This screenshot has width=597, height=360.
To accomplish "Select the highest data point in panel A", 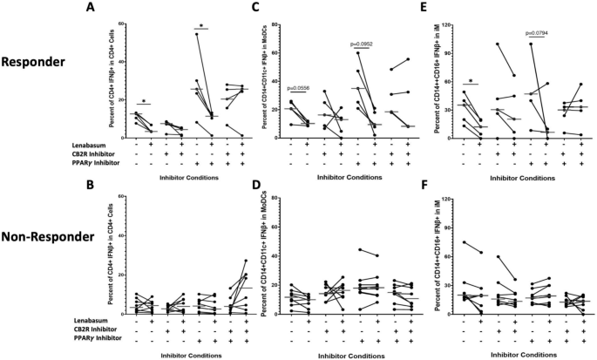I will click(197, 34).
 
